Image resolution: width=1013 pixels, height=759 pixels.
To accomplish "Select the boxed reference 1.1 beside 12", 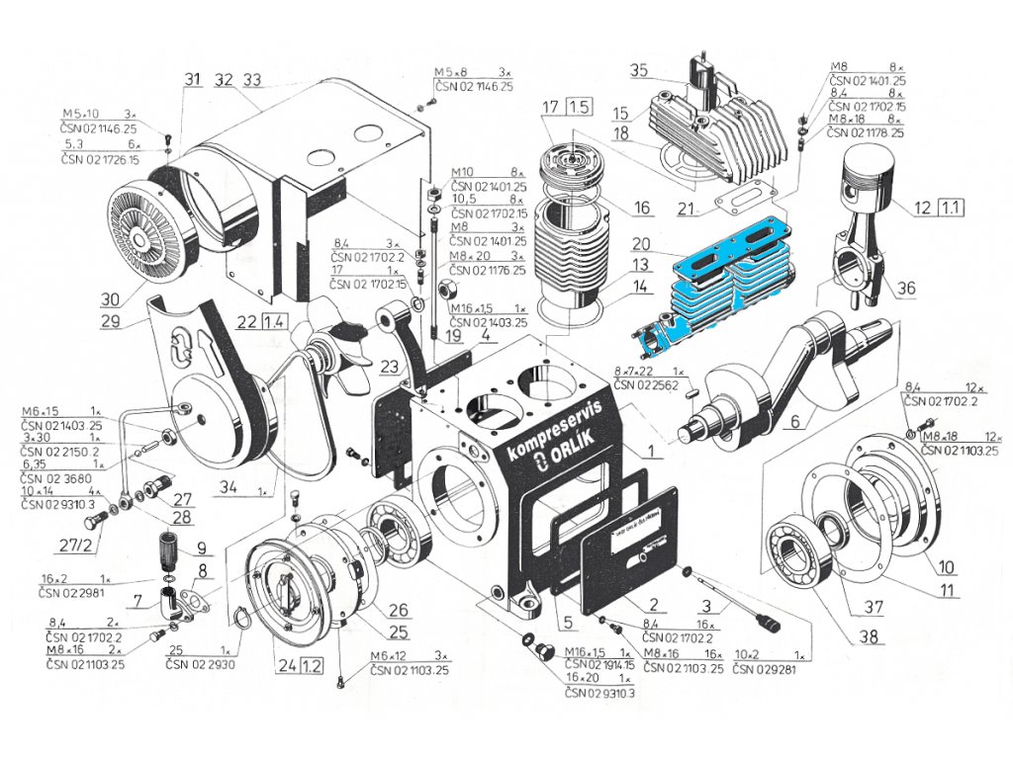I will click(x=951, y=208).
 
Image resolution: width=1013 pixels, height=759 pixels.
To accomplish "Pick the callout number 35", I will click(x=638, y=70).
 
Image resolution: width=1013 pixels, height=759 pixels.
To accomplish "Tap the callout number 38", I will click(x=871, y=637).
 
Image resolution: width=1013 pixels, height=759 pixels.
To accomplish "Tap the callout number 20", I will click(x=641, y=244).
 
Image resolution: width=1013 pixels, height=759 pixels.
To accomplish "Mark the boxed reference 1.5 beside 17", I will click(x=579, y=107).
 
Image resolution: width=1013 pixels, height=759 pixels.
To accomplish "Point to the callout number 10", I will click(x=947, y=567).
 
